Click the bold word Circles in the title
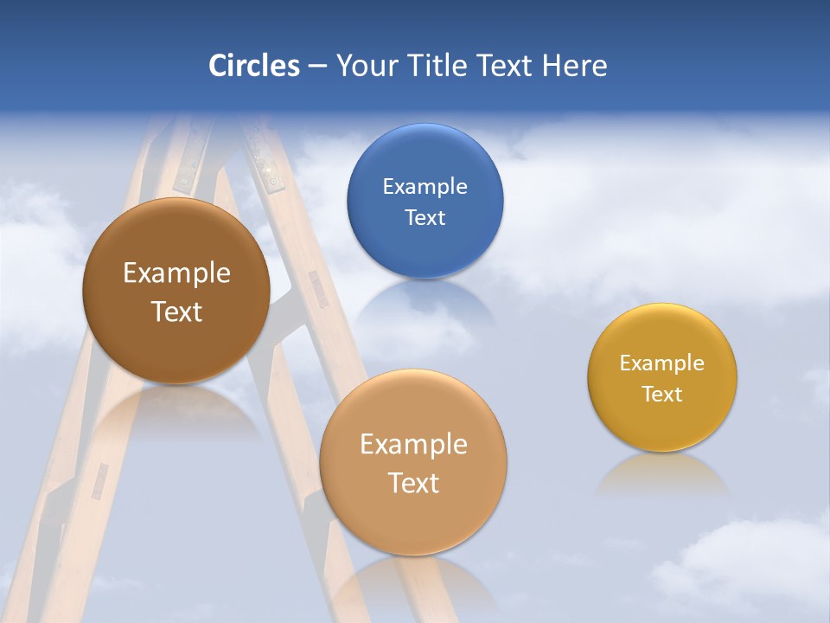click(254, 66)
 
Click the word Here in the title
click(575, 66)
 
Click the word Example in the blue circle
click(425, 187)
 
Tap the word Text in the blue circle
click(425, 217)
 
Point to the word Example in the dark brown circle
click(176, 273)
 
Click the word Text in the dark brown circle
click(176, 311)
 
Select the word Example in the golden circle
click(662, 363)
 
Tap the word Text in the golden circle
click(662, 395)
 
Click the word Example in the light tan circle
click(413, 445)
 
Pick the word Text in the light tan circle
click(413, 483)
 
